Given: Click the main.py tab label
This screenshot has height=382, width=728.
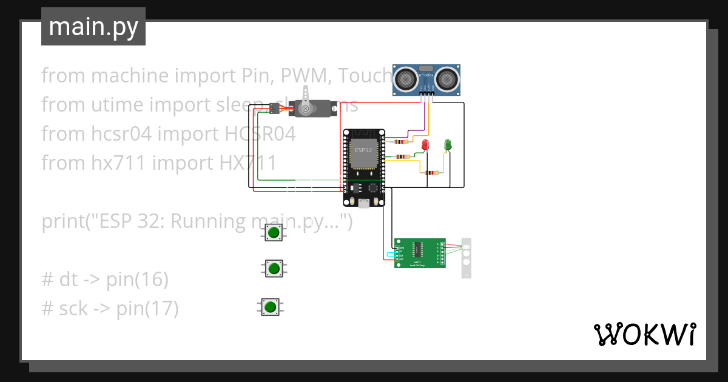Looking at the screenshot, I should (x=93, y=27).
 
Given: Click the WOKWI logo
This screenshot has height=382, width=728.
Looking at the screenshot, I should (x=644, y=335).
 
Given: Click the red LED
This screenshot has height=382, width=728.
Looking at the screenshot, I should (x=425, y=145).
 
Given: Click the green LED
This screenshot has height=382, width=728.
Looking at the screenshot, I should (x=448, y=144).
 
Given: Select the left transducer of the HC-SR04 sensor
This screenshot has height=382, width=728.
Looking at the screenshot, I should (x=405, y=77).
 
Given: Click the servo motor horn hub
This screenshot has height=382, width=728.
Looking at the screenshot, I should (x=306, y=109).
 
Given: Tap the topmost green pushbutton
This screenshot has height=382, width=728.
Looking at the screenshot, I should (x=274, y=232).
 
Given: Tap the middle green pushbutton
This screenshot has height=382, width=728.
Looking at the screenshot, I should (x=274, y=268).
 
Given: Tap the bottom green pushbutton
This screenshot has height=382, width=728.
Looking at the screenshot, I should (x=271, y=307).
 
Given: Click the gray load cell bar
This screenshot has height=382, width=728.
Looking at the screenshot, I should (x=467, y=258).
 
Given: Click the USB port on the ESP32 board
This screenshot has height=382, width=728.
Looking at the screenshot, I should (x=363, y=204).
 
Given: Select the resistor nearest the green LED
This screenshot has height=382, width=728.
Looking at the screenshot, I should (x=432, y=173).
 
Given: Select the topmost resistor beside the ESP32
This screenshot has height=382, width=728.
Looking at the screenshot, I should (x=400, y=142).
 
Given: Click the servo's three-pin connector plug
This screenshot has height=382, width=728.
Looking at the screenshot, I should (x=275, y=109).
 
